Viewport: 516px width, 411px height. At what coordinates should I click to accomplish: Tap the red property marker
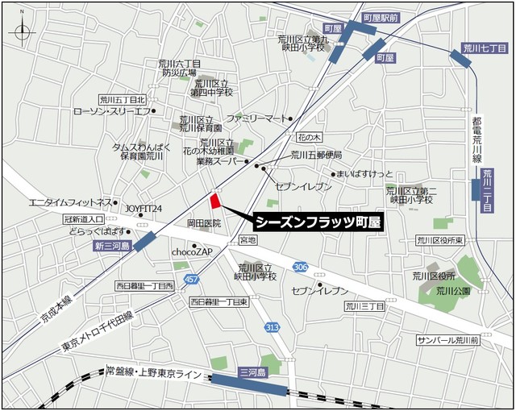click(214, 201)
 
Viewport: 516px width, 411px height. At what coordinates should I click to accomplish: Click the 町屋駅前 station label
click(381, 16)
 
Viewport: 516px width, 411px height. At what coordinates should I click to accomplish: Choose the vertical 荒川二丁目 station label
click(486, 190)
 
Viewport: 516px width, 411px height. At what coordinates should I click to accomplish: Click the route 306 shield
click(301, 267)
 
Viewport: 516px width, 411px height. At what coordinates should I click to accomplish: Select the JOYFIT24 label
click(144, 207)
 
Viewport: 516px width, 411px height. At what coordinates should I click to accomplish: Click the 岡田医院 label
click(203, 222)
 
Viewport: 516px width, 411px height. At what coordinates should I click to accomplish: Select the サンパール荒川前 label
click(447, 341)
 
